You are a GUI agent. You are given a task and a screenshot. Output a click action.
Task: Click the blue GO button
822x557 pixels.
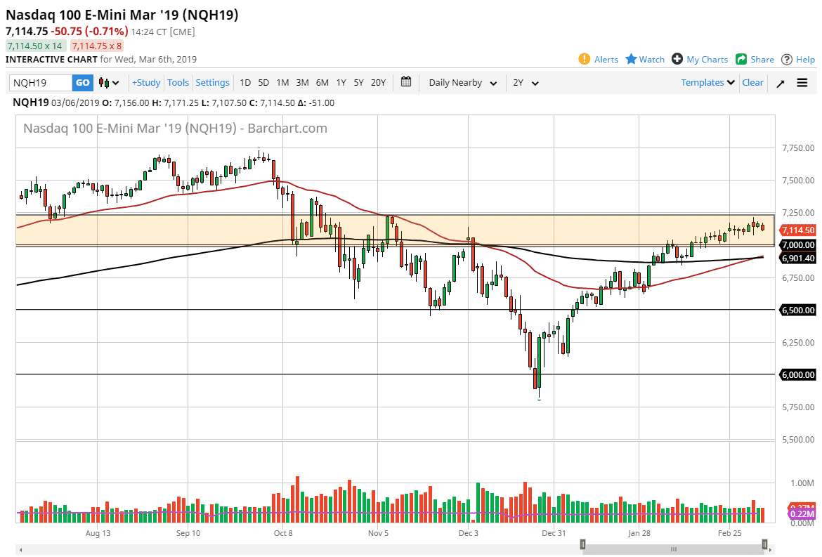pos(82,83)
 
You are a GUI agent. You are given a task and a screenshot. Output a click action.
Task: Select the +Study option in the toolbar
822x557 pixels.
pos(146,83)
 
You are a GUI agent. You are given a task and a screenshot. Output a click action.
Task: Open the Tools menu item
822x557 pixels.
pos(178,83)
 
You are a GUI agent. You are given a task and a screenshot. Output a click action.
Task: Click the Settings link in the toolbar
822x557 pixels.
pos(212,83)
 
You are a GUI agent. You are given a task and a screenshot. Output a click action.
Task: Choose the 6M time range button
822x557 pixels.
pos(322,83)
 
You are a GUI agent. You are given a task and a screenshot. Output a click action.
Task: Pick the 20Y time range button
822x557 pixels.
pos(378,83)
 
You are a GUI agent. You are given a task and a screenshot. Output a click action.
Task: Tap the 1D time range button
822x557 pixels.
pos(245,83)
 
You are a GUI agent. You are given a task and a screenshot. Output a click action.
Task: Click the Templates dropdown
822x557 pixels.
pos(707,83)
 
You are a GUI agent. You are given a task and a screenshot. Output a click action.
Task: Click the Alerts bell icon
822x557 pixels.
pos(585,59)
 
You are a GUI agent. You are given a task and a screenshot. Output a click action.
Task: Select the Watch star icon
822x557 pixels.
pos(631,59)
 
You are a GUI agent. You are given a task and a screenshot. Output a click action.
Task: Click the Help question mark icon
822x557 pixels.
pos(788,59)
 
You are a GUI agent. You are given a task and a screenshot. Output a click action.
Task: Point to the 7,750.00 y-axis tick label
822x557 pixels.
pos(798,148)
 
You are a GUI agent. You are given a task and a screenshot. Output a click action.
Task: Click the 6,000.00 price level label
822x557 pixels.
pos(798,375)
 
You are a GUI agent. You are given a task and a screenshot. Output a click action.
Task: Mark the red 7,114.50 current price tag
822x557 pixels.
pos(797,230)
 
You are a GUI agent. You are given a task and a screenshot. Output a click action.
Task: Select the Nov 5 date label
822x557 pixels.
pos(378,534)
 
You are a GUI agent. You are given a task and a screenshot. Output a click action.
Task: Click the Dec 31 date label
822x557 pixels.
pos(554,534)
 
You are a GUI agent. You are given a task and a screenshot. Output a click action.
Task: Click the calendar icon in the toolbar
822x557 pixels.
pos(406,82)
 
